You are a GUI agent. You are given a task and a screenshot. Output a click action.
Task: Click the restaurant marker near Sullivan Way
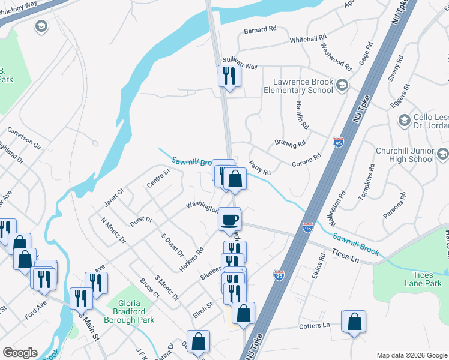pos(229,76)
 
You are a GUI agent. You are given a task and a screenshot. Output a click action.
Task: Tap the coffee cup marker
pos(229,219)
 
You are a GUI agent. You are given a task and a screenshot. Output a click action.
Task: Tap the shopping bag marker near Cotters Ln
pos(354,321)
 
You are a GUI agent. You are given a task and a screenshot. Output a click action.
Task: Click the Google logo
pos(20,353)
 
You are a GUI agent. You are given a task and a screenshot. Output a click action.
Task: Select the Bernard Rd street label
pos(260,29)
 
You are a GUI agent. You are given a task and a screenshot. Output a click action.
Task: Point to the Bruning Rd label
pos(291,144)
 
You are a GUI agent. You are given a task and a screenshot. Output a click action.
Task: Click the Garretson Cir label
pos(24,138)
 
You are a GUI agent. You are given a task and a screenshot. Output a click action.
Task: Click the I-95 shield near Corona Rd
pos(338,142)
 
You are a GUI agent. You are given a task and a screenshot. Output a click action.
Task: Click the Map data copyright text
pos(411,355)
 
